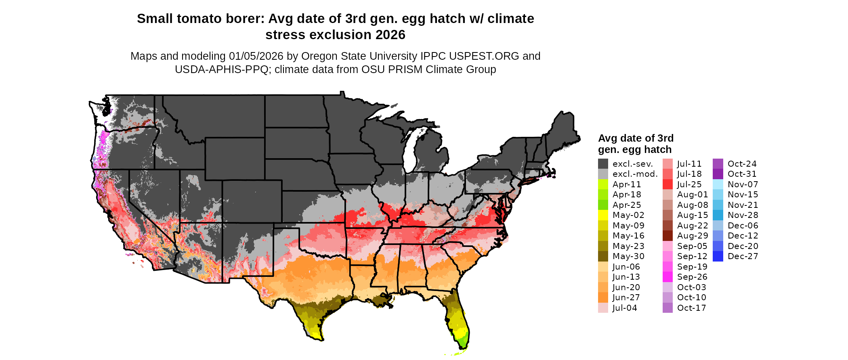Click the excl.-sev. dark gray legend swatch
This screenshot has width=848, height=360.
[x=603, y=164]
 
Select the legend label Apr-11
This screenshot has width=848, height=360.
[x=626, y=184]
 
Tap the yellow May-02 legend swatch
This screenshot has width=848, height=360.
[x=603, y=215]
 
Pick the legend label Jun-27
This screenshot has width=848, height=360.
[x=626, y=297]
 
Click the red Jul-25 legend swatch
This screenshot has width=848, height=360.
[x=667, y=184]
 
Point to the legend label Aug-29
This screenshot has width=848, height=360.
[x=693, y=236]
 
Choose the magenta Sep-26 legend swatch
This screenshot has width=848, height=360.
[x=667, y=277]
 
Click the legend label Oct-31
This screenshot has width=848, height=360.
[x=742, y=174]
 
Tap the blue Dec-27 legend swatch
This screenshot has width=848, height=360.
[x=718, y=256]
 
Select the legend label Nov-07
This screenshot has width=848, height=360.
[x=743, y=184]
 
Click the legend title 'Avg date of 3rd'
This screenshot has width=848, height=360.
[x=636, y=138]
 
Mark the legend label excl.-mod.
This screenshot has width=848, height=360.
[x=635, y=174]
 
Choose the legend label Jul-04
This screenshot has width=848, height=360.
[x=625, y=308]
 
